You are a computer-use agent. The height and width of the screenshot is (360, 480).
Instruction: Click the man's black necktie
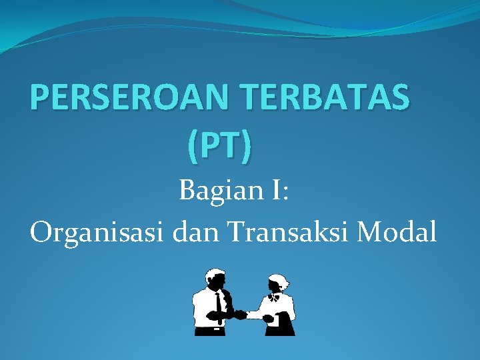point(219,307)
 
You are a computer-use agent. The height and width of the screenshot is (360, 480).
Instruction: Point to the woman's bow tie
point(273,297)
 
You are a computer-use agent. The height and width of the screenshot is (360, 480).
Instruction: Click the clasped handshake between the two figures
point(240,314)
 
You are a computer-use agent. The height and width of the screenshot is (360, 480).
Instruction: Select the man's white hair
point(215,273)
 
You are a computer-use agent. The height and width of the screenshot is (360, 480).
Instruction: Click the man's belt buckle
point(218,328)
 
